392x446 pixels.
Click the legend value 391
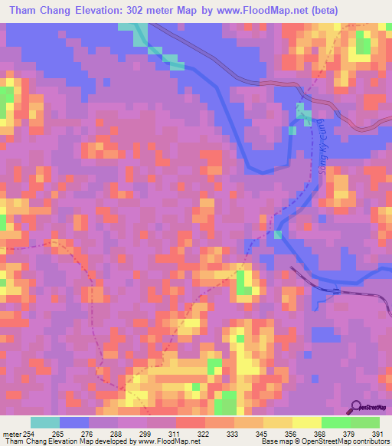point(377,434)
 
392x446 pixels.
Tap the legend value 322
point(204,434)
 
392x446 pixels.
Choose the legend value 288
point(117,434)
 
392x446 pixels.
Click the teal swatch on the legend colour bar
point(45,422)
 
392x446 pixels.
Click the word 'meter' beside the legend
point(11,434)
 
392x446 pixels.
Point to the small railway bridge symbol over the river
point(336,290)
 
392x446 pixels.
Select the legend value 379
point(349,434)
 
